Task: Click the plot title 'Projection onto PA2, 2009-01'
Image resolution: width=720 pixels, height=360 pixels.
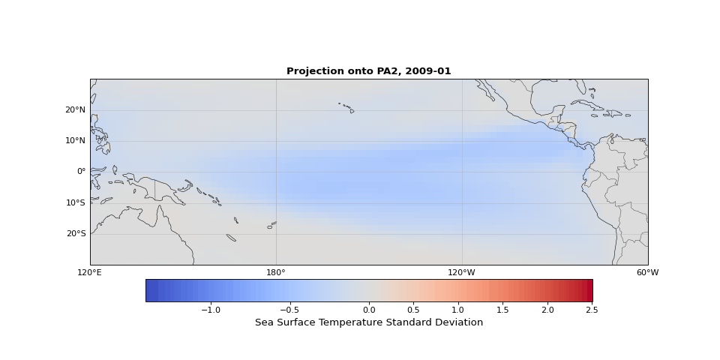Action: pos(368,71)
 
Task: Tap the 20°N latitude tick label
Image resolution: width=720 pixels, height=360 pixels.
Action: pos(75,109)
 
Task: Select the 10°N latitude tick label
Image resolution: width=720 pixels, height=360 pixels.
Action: pos(75,140)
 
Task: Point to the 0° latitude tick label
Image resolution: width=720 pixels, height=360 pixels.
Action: pos(81,171)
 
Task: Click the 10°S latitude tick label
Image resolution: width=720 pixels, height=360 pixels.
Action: pos(75,202)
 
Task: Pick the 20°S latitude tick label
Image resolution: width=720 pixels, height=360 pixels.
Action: pos(75,233)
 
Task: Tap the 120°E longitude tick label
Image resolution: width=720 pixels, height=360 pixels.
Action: pos(90,272)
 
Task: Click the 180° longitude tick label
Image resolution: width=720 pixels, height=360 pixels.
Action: pos(276,272)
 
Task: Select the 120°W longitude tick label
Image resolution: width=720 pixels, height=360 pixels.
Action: pos(462,272)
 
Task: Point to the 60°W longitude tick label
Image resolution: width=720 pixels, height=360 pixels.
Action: pos(647,272)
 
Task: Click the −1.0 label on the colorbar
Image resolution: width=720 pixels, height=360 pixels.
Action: pos(210,310)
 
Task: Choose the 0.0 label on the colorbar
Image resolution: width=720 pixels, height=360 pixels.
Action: pos(369,310)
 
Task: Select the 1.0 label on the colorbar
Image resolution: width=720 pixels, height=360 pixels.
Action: pos(458,310)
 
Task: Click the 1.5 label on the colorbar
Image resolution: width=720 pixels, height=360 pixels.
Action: pos(503,310)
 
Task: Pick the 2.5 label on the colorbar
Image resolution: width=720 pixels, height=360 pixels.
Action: pos(592,310)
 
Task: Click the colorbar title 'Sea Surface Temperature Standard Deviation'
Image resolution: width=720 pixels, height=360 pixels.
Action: pos(368,322)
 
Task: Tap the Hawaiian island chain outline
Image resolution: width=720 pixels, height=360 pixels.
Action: pos(346,107)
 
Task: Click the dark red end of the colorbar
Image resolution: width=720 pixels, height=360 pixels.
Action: pos(588,290)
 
